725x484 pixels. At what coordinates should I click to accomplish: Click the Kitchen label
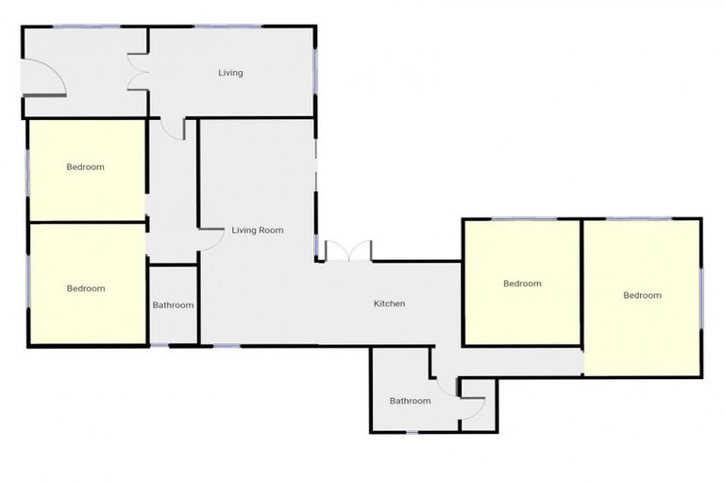[x=389, y=303]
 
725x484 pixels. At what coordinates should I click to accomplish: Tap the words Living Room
[x=258, y=230]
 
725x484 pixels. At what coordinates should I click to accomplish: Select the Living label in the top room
[x=230, y=73]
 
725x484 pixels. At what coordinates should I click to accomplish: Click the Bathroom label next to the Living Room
[x=173, y=305]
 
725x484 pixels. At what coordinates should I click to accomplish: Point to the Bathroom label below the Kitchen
[x=410, y=401]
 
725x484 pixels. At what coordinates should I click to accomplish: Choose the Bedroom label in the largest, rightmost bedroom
[x=642, y=295]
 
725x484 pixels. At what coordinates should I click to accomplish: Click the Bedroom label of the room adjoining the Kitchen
[x=522, y=284]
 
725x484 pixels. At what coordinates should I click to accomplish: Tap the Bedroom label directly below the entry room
[x=85, y=167]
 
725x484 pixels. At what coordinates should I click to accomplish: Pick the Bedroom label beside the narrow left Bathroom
[x=86, y=288]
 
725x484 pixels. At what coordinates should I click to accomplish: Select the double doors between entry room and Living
[x=138, y=73]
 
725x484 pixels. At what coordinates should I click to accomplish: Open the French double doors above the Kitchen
[x=348, y=251]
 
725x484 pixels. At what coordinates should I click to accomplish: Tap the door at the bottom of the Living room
[x=173, y=129]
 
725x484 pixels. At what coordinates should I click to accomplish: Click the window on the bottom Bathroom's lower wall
[x=412, y=432]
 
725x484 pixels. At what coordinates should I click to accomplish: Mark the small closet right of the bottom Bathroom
[x=473, y=406]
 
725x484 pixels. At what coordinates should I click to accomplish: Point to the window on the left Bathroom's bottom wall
[x=173, y=345]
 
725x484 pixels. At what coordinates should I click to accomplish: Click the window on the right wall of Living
[x=316, y=71]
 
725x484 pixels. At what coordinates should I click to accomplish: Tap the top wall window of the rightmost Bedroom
[x=638, y=219]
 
